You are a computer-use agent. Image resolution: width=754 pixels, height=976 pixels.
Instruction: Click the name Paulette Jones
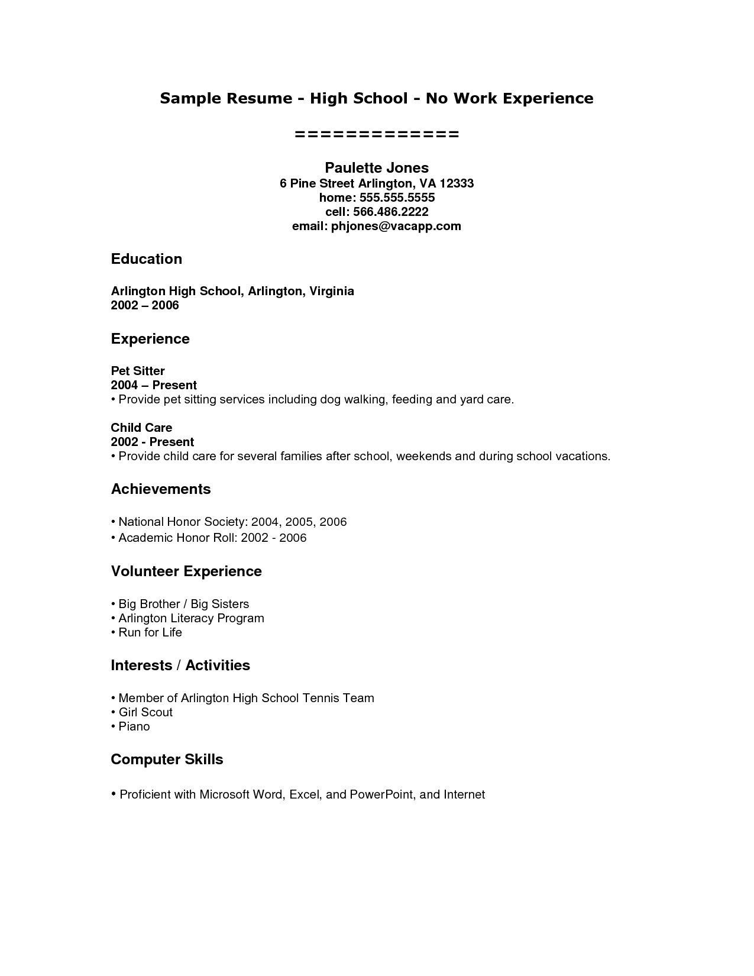click(377, 168)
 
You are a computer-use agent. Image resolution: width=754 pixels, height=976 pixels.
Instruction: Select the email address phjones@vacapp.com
click(396, 226)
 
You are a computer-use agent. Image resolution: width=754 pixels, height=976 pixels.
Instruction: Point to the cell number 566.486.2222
click(390, 212)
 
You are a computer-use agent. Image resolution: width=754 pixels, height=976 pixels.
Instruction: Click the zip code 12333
click(457, 183)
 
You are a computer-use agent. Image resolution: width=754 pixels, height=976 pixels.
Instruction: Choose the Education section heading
click(146, 259)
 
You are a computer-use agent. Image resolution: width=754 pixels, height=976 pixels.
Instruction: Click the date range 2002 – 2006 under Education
click(144, 305)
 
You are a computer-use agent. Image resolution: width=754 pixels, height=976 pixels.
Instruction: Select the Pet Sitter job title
click(137, 371)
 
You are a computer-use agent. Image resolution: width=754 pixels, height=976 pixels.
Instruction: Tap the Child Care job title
click(141, 428)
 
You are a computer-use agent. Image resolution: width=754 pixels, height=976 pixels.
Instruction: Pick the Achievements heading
click(160, 489)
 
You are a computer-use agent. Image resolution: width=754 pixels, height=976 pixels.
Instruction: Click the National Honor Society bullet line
click(232, 522)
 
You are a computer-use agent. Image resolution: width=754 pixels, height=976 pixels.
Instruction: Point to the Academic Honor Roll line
click(212, 538)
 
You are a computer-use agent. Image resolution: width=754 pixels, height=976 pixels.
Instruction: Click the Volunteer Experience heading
click(186, 571)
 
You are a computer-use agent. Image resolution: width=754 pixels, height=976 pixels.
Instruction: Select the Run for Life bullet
click(150, 632)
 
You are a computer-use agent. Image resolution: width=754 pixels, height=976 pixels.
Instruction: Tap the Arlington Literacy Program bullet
click(190, 618)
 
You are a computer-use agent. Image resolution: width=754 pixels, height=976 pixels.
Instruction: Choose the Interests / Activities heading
click(180, 665)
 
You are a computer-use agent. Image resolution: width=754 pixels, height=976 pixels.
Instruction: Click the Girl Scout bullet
click(145, 712)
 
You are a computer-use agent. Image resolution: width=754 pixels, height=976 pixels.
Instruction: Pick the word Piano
click(134, 726)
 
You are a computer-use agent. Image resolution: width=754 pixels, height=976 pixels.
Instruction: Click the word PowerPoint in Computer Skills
click(381, 794)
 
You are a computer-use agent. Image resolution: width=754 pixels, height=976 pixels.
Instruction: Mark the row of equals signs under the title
click(377, 135)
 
